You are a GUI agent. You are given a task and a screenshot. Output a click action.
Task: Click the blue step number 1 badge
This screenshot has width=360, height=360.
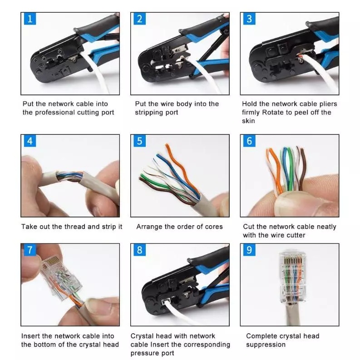(x=30, y=19)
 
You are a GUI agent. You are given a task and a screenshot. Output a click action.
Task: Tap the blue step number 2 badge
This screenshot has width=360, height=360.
(x=139, y=19)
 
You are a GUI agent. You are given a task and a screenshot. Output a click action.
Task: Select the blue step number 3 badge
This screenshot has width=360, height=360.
(x=249, y=19)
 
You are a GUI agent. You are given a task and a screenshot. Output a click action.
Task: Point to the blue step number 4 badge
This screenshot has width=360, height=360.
(x=30, y=141)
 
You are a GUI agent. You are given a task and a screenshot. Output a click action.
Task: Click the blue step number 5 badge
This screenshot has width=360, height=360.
(x=139, y=141)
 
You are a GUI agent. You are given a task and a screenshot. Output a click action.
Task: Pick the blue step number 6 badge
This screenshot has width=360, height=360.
(x=249, y=141)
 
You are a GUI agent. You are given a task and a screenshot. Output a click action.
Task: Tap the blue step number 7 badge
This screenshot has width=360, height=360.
(x=30, y=250)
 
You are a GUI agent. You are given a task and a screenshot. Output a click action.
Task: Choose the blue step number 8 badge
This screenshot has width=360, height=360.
(x=139, y=250)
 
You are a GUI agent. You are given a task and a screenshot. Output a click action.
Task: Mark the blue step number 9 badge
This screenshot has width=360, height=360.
(x=249, y=250)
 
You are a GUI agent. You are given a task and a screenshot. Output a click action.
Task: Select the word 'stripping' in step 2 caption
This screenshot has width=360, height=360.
(x=149, y=113)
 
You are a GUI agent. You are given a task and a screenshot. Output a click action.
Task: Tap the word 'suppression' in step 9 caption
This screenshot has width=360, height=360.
(x=266, y=345)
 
